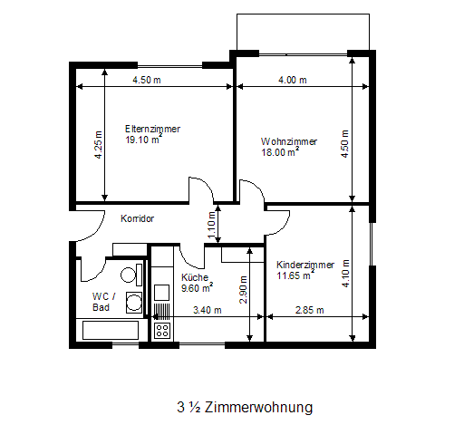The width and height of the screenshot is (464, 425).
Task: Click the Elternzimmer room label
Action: tap(152, 129)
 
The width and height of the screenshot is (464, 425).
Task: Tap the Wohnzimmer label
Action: tap(289, 141)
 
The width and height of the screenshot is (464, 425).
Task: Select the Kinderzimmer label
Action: tap(305, 265)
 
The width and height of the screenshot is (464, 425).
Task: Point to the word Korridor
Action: tap(137, 218)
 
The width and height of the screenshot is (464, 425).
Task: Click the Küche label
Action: tap(195, 277)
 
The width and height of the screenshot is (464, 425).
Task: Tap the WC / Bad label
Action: tap(103, 302)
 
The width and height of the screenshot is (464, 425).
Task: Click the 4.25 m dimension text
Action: tap(99, 145)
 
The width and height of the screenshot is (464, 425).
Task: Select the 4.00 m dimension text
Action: tap(293, 80)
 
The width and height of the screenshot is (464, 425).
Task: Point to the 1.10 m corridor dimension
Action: tap(211, 225)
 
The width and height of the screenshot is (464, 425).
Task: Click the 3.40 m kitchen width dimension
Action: tap(208, 310)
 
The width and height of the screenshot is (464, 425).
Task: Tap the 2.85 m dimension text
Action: tap(309, 310)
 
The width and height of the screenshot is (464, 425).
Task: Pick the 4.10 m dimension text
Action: tap(345, 274)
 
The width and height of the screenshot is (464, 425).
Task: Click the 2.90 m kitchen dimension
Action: tap(243, 290)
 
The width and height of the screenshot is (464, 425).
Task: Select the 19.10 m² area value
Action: tap(143, 140)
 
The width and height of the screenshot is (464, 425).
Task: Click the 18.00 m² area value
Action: tap(280, 151)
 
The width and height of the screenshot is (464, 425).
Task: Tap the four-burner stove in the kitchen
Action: tap(162, 330)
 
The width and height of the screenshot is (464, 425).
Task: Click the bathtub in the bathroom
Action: tap(111, 330)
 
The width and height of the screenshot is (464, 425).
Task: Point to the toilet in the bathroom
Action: tap(131, 275)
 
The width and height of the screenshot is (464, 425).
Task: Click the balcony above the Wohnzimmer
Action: tap(303, 32)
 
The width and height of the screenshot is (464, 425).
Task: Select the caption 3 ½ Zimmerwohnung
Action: tap(245, 407)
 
